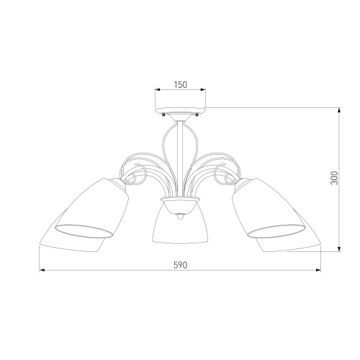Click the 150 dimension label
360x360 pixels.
180,84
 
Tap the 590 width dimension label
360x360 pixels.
180,265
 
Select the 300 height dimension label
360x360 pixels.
334,178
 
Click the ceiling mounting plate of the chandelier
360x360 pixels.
180,111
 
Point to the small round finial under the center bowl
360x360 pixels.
179,216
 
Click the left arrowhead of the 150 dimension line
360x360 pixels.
158,90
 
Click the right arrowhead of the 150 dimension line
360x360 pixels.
203,90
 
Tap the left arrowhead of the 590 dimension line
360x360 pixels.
42,270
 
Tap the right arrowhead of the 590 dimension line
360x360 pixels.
318,270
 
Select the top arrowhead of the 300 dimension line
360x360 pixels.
339,110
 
